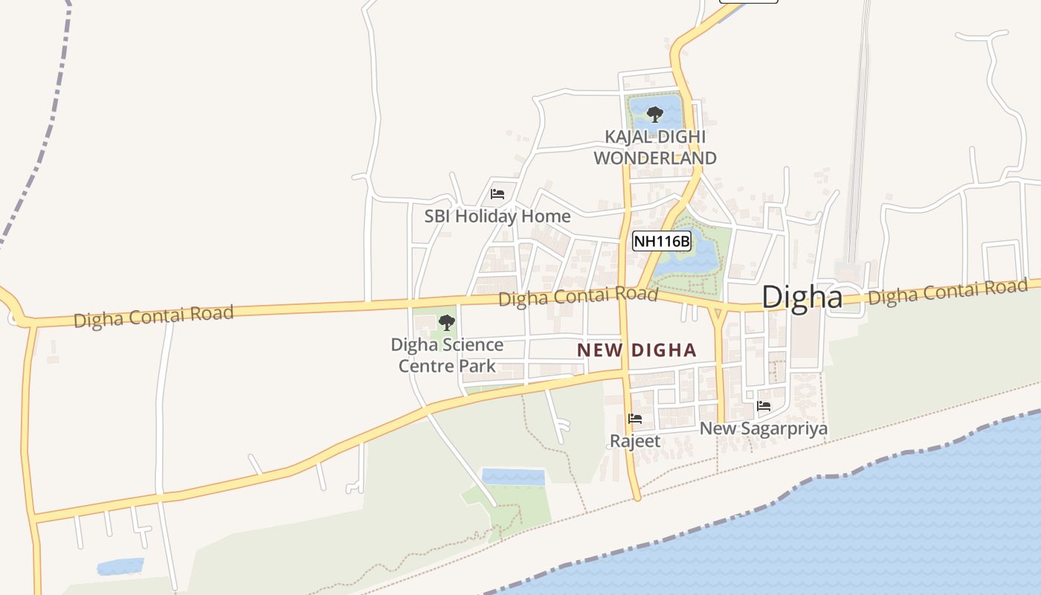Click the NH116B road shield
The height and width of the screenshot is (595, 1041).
[662, 241]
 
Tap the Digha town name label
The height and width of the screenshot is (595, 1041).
[802, 297]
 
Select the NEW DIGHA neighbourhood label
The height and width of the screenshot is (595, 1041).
[636, 350]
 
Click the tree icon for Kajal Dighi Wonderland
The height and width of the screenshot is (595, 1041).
[654, 115]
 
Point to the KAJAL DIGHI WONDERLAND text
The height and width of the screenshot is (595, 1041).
[655, 147]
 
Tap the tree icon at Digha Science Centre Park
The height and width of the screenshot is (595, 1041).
[446, 322]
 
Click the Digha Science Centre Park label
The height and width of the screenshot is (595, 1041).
[447, 355]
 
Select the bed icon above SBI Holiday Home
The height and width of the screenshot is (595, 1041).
[497, 194]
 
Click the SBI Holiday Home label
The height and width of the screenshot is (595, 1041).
[497, 216]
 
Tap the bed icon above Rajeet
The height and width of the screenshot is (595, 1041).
[634, 419]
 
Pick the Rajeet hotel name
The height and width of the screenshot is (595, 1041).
[634, 440]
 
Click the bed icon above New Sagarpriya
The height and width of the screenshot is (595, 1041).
[763, 406]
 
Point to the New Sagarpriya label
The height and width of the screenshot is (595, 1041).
[763, 428]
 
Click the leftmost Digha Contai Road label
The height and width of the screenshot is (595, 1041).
[153, 316]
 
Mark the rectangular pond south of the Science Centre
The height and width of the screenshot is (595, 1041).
[512, 477]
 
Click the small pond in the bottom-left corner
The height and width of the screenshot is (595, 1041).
[120, 567]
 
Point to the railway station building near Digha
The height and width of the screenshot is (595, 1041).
[847, 271]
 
